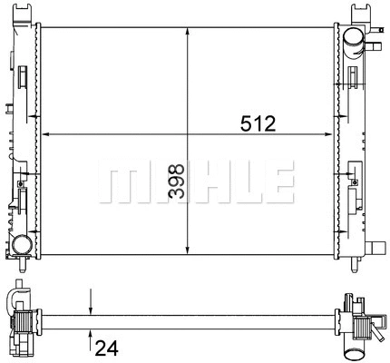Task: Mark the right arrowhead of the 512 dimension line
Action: (330, 134)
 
